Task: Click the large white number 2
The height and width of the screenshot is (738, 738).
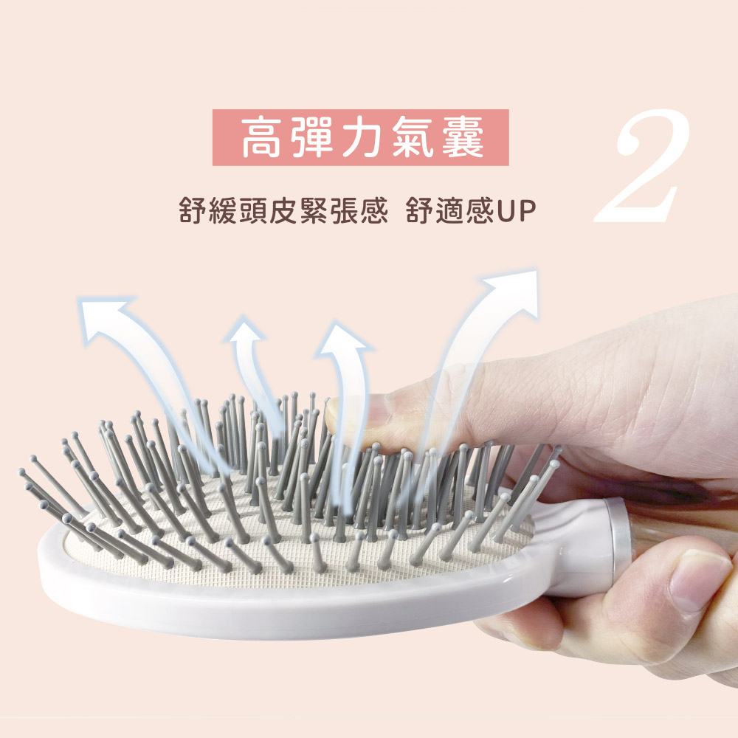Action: click(643, 167)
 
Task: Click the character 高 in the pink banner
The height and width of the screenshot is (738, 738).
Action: click(262, 137)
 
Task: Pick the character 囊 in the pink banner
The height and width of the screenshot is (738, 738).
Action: click(463, 137)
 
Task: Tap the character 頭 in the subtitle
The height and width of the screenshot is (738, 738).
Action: click(253, 210)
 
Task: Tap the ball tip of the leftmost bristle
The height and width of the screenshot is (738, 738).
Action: click(21, 471)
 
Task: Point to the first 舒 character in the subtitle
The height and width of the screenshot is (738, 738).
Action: click(193, 210)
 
